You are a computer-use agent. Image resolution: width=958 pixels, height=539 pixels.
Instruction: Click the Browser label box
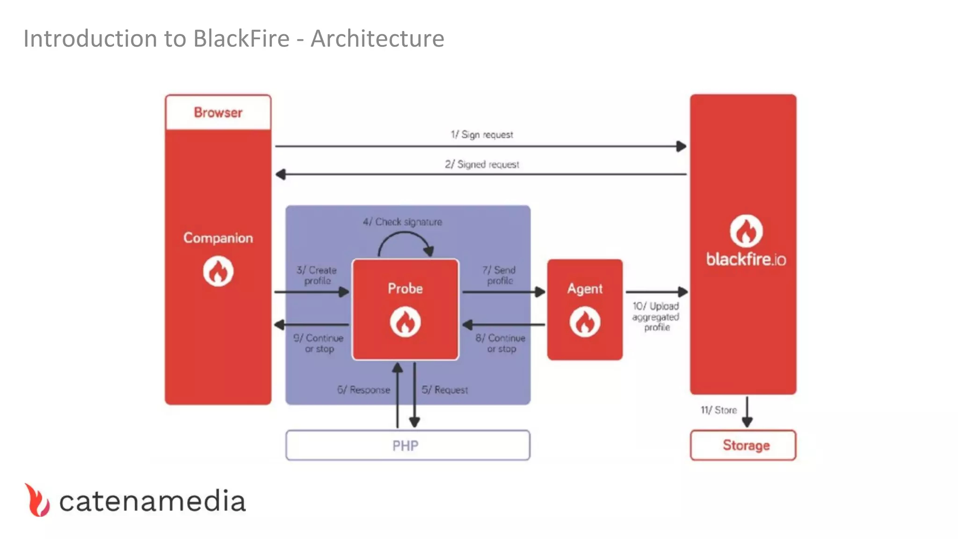[218, 113]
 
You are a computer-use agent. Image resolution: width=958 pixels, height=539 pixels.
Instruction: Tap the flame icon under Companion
[218, 271]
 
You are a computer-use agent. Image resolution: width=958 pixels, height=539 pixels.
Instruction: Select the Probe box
[405, 309]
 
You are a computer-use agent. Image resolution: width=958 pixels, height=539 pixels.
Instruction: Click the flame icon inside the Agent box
[585, 322]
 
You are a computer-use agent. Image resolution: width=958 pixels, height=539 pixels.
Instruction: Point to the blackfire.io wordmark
[746, 259]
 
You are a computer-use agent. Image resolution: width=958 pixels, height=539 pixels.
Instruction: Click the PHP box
[407, 445]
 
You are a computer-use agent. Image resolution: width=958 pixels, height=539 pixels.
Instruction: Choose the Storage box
[743, 445]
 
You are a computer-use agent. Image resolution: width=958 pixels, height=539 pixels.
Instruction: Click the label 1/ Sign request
[482, 135]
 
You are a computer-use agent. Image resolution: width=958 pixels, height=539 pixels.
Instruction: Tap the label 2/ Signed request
[482, 164]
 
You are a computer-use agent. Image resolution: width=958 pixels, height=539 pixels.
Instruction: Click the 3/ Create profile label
[317, 275]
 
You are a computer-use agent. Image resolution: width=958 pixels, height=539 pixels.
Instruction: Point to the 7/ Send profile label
[499, 275]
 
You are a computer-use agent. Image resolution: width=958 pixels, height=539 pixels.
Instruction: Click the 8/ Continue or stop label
[501, 343]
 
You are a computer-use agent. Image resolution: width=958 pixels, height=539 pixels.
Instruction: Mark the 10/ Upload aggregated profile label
[656, 317]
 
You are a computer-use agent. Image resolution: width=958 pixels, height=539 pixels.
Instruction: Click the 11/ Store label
[718, 410]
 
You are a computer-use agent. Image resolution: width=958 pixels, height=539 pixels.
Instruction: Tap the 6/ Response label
[363, 390]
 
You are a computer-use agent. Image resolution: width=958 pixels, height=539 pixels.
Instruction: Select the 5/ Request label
[444, 390]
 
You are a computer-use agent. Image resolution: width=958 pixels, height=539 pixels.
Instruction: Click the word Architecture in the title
[377, 38]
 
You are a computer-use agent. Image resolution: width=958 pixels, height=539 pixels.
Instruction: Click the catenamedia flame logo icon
[37, 500]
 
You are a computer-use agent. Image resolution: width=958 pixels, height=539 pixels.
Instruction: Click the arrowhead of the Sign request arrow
[682, 146]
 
